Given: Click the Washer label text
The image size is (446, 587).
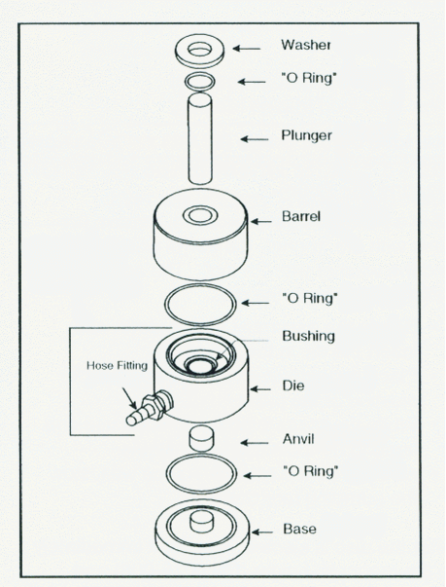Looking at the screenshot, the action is (306, 45).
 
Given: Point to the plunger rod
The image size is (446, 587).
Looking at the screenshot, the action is (200, 139).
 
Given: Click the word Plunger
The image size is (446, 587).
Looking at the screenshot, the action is (306, 135).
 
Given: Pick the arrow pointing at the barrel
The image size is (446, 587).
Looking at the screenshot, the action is (260, 222).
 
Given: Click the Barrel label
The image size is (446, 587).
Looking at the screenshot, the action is (301, 216).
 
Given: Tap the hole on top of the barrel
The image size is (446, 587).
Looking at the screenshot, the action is (200, 216).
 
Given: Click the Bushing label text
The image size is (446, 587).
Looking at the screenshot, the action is (308, 336).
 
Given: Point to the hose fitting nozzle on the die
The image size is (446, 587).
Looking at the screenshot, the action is (150, 409).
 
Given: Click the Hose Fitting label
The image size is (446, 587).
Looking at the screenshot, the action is (117, 365).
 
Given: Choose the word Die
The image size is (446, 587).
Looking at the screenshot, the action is (293, 385).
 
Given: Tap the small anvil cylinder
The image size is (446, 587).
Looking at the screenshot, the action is (202, 438).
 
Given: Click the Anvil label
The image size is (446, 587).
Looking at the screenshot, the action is (298, 439).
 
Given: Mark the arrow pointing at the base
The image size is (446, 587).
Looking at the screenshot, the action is (261, 532).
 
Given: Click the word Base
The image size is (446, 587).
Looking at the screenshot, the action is (299, 529).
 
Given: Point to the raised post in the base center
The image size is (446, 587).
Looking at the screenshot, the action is (202, 521).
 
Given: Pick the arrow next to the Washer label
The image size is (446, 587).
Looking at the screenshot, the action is (247, 49).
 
